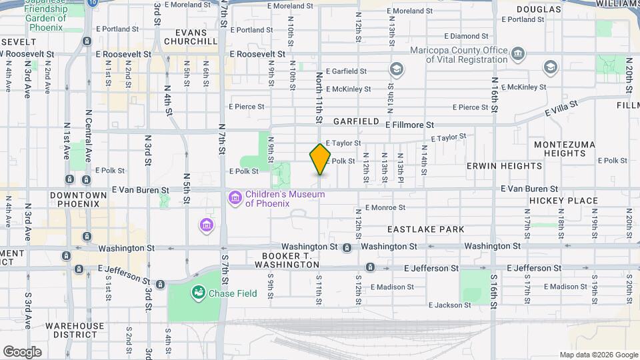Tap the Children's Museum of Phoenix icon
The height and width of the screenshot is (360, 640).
point(234,198)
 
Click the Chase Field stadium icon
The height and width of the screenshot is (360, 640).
point(198,292)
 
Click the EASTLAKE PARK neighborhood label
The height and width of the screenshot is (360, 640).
point(425,229)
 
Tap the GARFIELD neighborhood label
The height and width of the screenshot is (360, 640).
point(356,121)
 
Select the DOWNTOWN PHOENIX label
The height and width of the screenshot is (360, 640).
point(78,199)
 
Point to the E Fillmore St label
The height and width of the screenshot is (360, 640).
point(409,124)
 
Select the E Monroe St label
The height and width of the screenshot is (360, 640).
point(385,208)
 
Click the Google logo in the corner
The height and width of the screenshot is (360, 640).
point(21,352)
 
